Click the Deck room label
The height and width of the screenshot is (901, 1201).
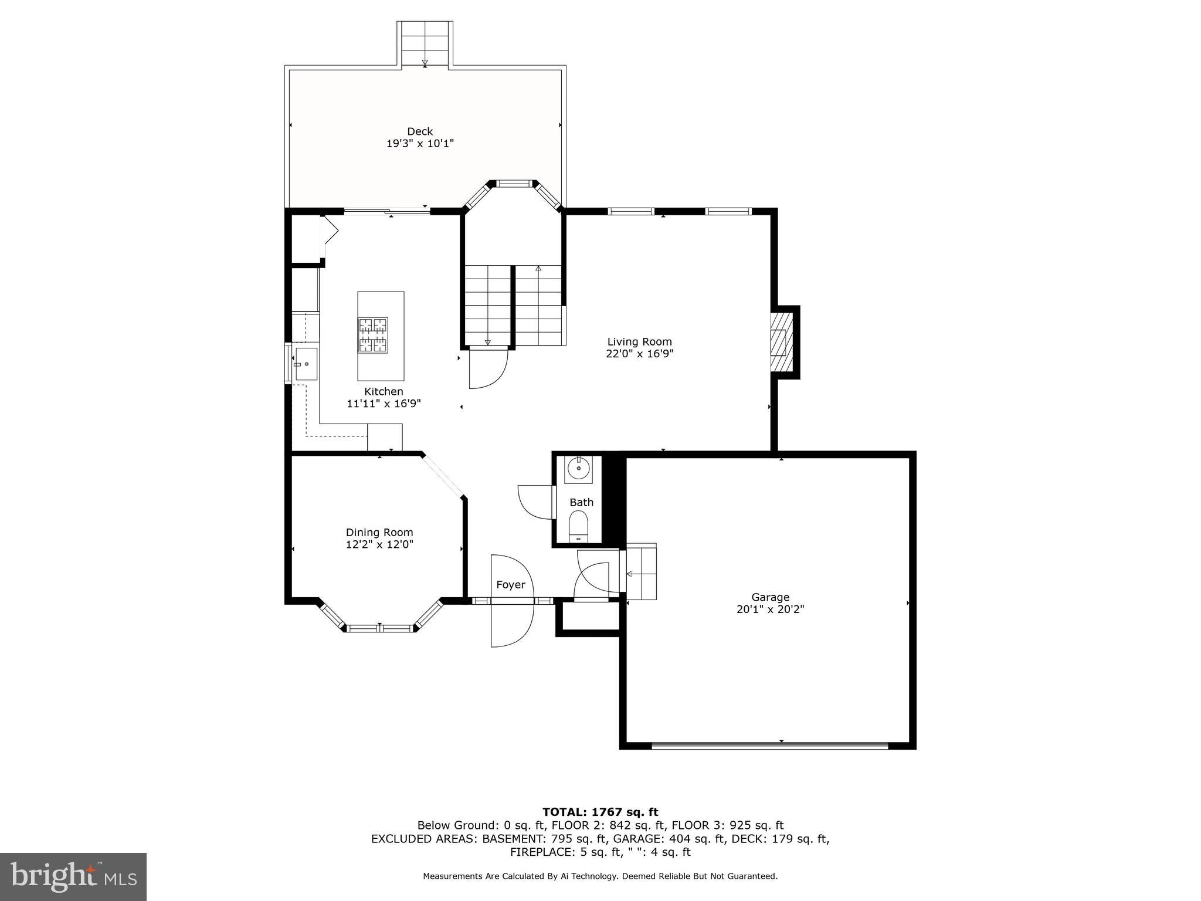pos(420,131)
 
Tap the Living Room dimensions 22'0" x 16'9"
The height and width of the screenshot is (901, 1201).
pos(639,354)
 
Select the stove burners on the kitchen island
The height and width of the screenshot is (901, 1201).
pos(373,335)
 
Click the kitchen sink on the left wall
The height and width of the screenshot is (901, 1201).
pos(306,364)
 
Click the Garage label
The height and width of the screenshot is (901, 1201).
pos(770,597)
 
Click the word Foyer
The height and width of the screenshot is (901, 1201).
pos(510,585)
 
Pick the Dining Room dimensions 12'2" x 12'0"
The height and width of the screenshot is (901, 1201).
pos(379,544)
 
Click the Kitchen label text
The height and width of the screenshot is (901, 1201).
pos(384,391)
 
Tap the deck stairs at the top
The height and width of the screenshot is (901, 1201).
pos(425,44)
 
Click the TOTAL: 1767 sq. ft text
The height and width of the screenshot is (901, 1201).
pos(600,812)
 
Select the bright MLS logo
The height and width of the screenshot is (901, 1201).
pos(73,876)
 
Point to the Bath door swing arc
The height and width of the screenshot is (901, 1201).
pos(534,502)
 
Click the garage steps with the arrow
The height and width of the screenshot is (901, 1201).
pos(641,573)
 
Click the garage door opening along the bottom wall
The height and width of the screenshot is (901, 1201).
pos(769,746)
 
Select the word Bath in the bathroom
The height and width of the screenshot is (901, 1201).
pos(581,502)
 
